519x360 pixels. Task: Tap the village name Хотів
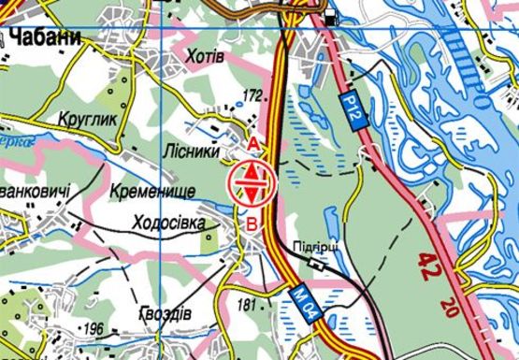[206, 56]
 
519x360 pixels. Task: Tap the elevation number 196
[94, 328]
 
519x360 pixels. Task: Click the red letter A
[252, 142]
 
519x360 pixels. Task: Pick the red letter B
[252, 223]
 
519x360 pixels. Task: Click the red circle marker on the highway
[252, 181]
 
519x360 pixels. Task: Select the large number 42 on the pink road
[430, 264]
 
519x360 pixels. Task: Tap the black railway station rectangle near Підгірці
[319, 264]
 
